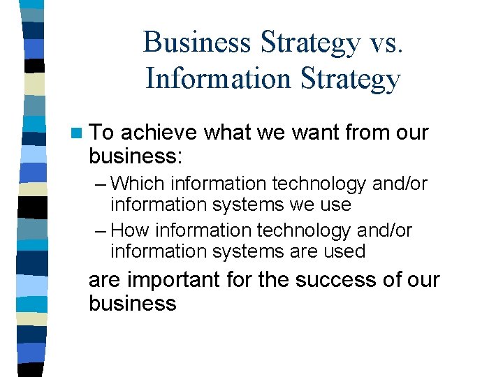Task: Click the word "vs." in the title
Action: pyautogui.click(x=385, y=43)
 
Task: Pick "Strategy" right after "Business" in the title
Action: pyautogui.click(x=309, y=44)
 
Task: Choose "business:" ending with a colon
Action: pyautogui.click(x=136, y=156)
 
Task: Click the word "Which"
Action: pyautogui.click(x=138, y=184)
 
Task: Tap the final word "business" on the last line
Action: pyautogui.click(x=133, y=304)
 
